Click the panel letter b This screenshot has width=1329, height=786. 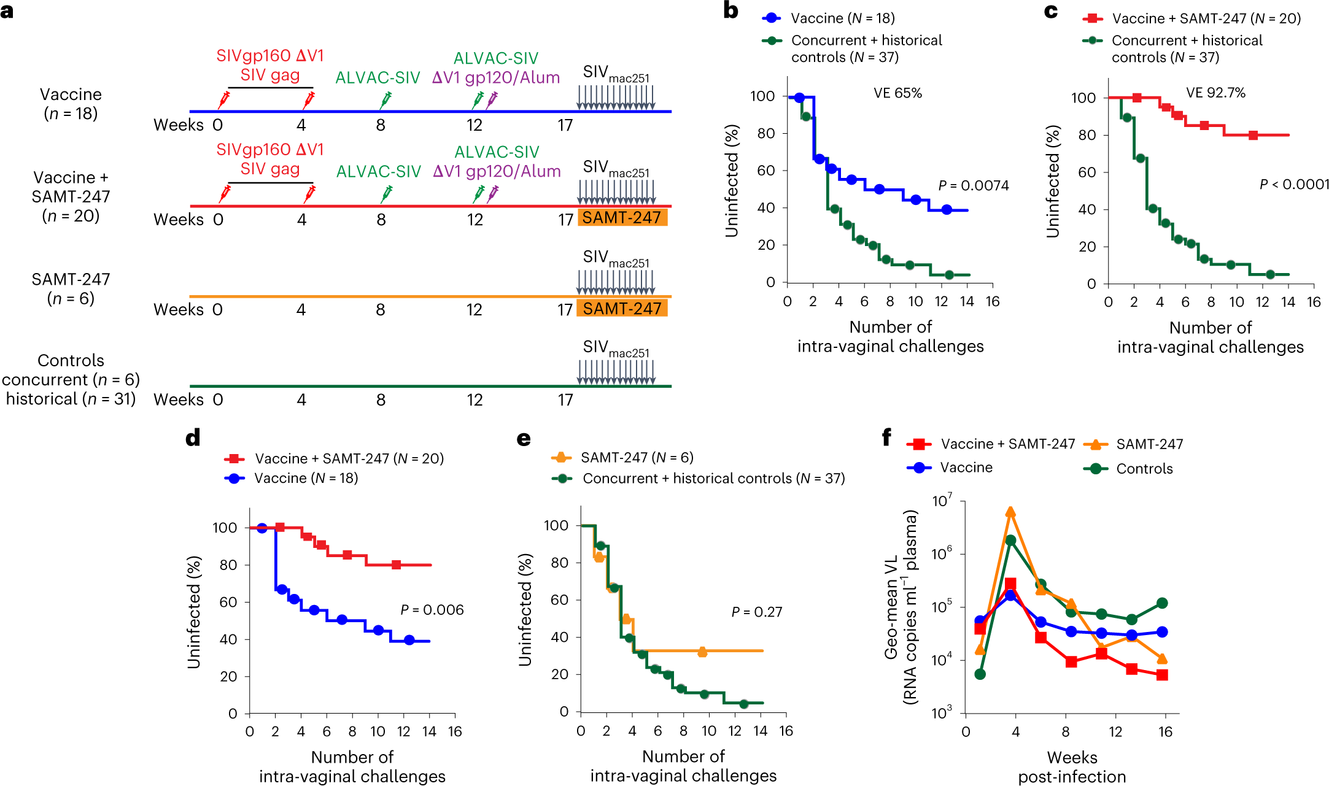730,10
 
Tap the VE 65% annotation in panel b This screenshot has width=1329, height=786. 897,93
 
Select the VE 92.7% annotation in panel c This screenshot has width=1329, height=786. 1215,93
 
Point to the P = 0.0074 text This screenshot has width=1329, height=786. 973,186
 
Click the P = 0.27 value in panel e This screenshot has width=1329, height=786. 756,612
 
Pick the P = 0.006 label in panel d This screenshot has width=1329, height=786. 432,610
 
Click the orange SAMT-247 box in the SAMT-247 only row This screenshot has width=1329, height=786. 622,308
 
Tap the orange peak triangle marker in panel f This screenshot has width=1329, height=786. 1010,512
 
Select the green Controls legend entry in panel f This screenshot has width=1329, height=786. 1128,469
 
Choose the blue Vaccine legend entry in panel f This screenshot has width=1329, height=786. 951,468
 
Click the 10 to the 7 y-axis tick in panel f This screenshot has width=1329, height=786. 942,501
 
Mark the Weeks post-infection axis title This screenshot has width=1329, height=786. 1072,767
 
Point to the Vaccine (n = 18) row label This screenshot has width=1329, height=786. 71,104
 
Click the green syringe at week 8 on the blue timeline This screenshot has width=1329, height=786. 386,99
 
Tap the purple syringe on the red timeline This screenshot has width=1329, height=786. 492,193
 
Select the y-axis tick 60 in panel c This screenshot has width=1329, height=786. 1087,172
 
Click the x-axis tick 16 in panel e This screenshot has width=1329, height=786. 786,731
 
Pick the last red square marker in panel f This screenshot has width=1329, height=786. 1162,675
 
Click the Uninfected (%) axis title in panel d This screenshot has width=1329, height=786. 194,612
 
